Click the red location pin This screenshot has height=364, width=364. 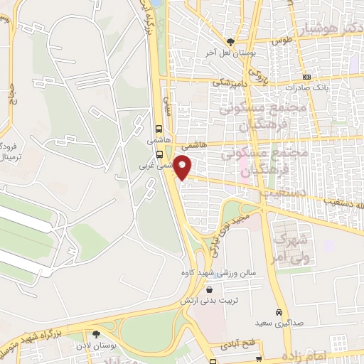pos(183,166)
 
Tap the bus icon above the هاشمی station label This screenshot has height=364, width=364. pos(158,130)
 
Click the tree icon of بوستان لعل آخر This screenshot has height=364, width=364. pos(230,41)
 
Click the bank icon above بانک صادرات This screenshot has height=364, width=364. pos(306,77)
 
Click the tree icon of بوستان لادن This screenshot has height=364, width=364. pos(97,333)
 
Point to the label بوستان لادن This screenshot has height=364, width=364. pos(97,346)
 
